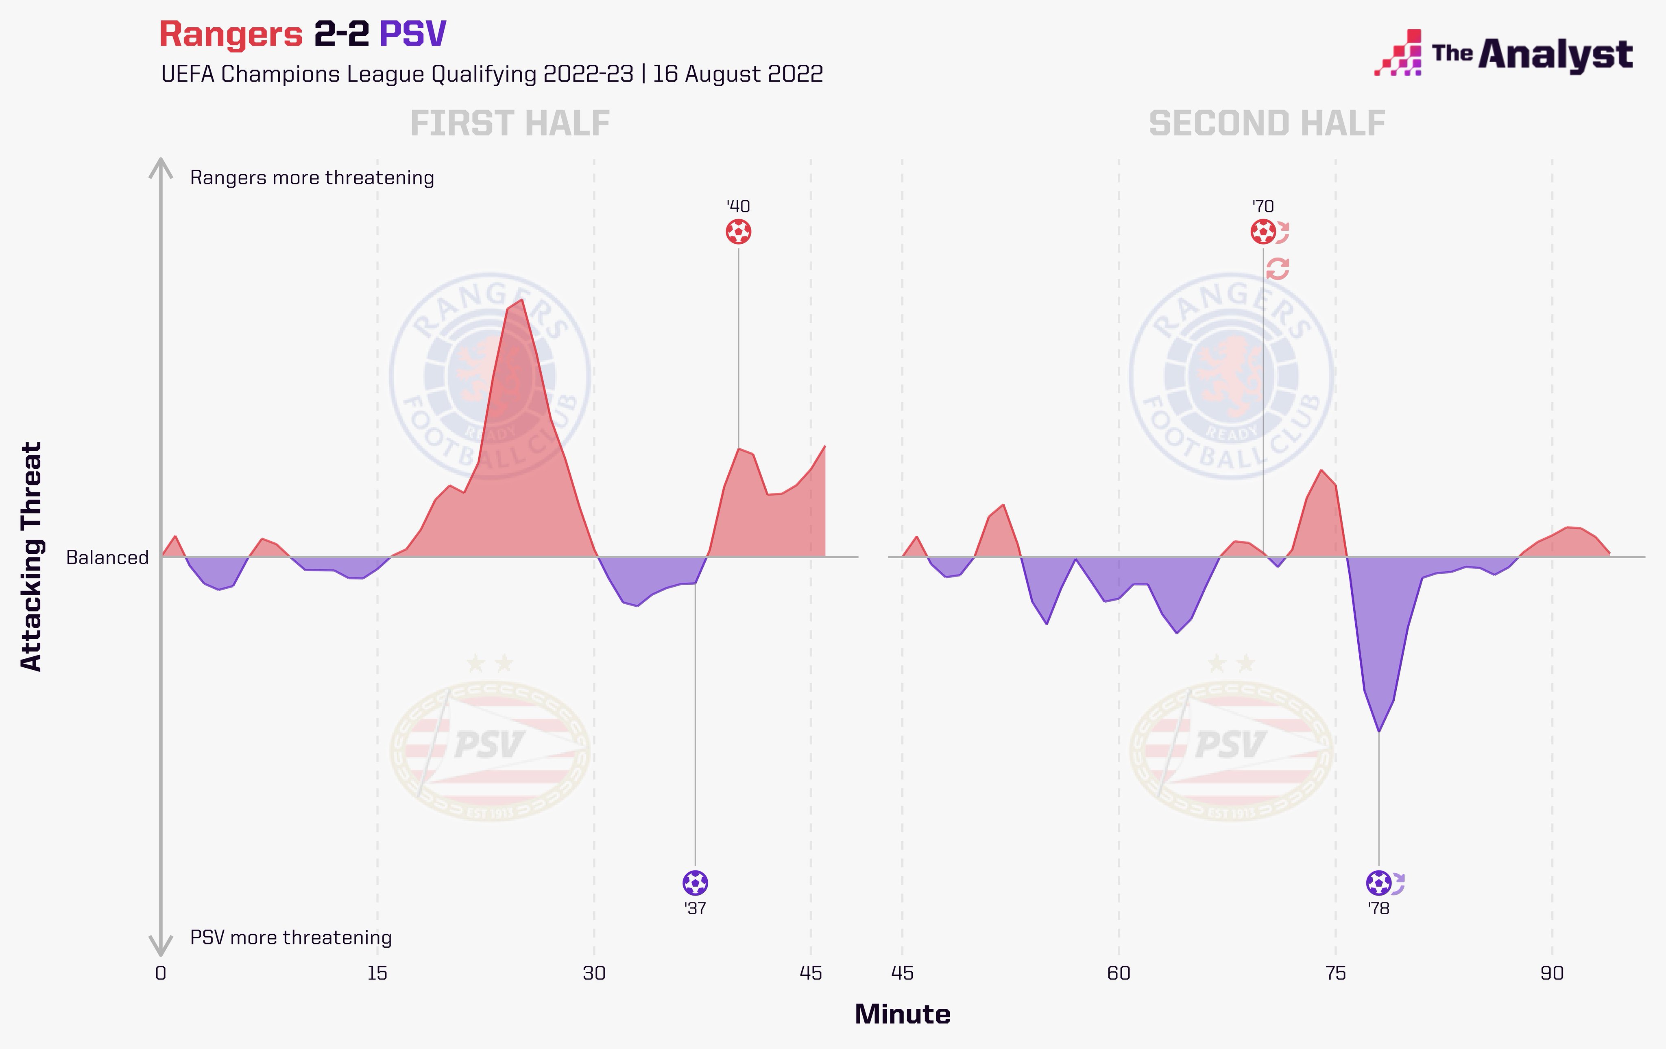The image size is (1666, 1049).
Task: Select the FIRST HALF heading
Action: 510,124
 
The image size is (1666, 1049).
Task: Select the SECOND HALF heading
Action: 1267,124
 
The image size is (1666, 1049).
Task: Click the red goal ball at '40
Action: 738,232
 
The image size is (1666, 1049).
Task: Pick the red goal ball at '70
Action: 1263,232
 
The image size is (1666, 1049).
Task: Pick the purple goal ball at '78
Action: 1378,883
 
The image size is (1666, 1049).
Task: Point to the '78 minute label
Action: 1378,909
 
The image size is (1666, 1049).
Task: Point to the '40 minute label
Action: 738,206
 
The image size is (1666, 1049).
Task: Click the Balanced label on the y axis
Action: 107,558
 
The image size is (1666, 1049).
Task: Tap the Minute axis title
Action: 902,1014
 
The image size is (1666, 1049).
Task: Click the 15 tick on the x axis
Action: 377,974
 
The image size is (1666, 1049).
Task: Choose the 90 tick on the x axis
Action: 1552,974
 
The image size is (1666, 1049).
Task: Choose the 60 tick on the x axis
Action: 1119,974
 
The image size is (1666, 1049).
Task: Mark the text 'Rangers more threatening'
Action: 312,178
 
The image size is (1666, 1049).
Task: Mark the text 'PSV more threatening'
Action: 290,938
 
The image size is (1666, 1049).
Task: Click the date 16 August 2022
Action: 737,74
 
